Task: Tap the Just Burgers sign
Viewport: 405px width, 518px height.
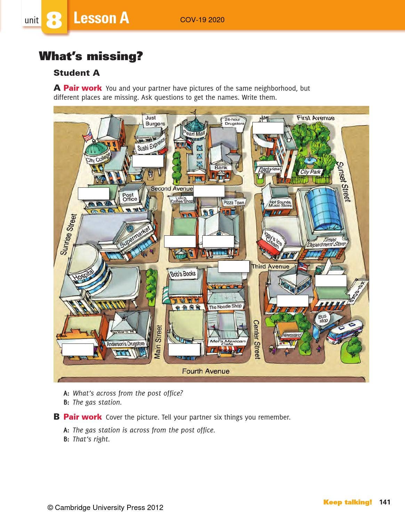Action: pyautogui.click(x=155, y=121)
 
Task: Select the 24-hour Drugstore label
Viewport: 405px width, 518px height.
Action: pyautogui.click(x=234, y=121)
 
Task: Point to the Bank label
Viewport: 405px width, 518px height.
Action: pyautogui.click(x=221, y=168)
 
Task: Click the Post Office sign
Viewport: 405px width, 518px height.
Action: pyautogui.click(x=130, y=197)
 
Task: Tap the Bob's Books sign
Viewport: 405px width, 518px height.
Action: pyautogui.click(x=183, y=274)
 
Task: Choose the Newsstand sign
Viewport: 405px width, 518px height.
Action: pyautogui.click(x=292, y=335)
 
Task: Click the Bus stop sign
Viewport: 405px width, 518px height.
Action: pyautogui.click(x=323, y=318)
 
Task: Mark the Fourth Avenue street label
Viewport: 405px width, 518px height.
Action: pyautogui.click(x=205, y=371)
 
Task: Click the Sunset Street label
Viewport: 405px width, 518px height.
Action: pyautogui.click(x=343, y=181)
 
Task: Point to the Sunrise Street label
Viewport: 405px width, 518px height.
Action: pyautogui.click(x=68, y=234)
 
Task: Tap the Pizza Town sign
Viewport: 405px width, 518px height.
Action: pyautogui.click(x=234, y=203)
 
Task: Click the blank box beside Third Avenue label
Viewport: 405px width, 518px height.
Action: pyautogui.click(x=234, y=266)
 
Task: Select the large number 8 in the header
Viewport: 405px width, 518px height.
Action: pyautogui.click(x=54, y=20)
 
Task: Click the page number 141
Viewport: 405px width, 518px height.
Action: pyautogui.click(x=385, y=502)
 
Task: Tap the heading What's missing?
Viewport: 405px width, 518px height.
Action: pyautogui.click(x=91, y=56)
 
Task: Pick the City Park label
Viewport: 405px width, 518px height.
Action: pyautogui.click(x=310, y=172)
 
